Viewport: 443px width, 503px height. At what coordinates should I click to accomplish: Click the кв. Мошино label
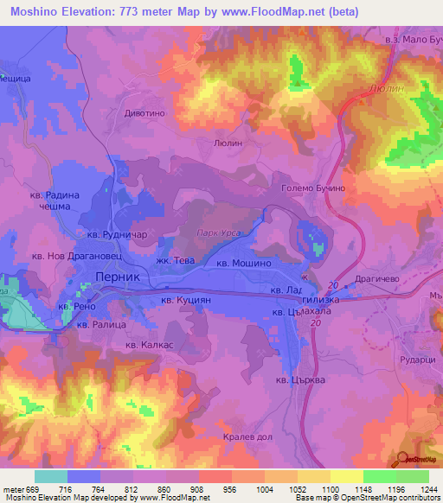(249, 262)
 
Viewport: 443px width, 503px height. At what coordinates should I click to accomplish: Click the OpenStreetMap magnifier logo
(406, 460)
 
